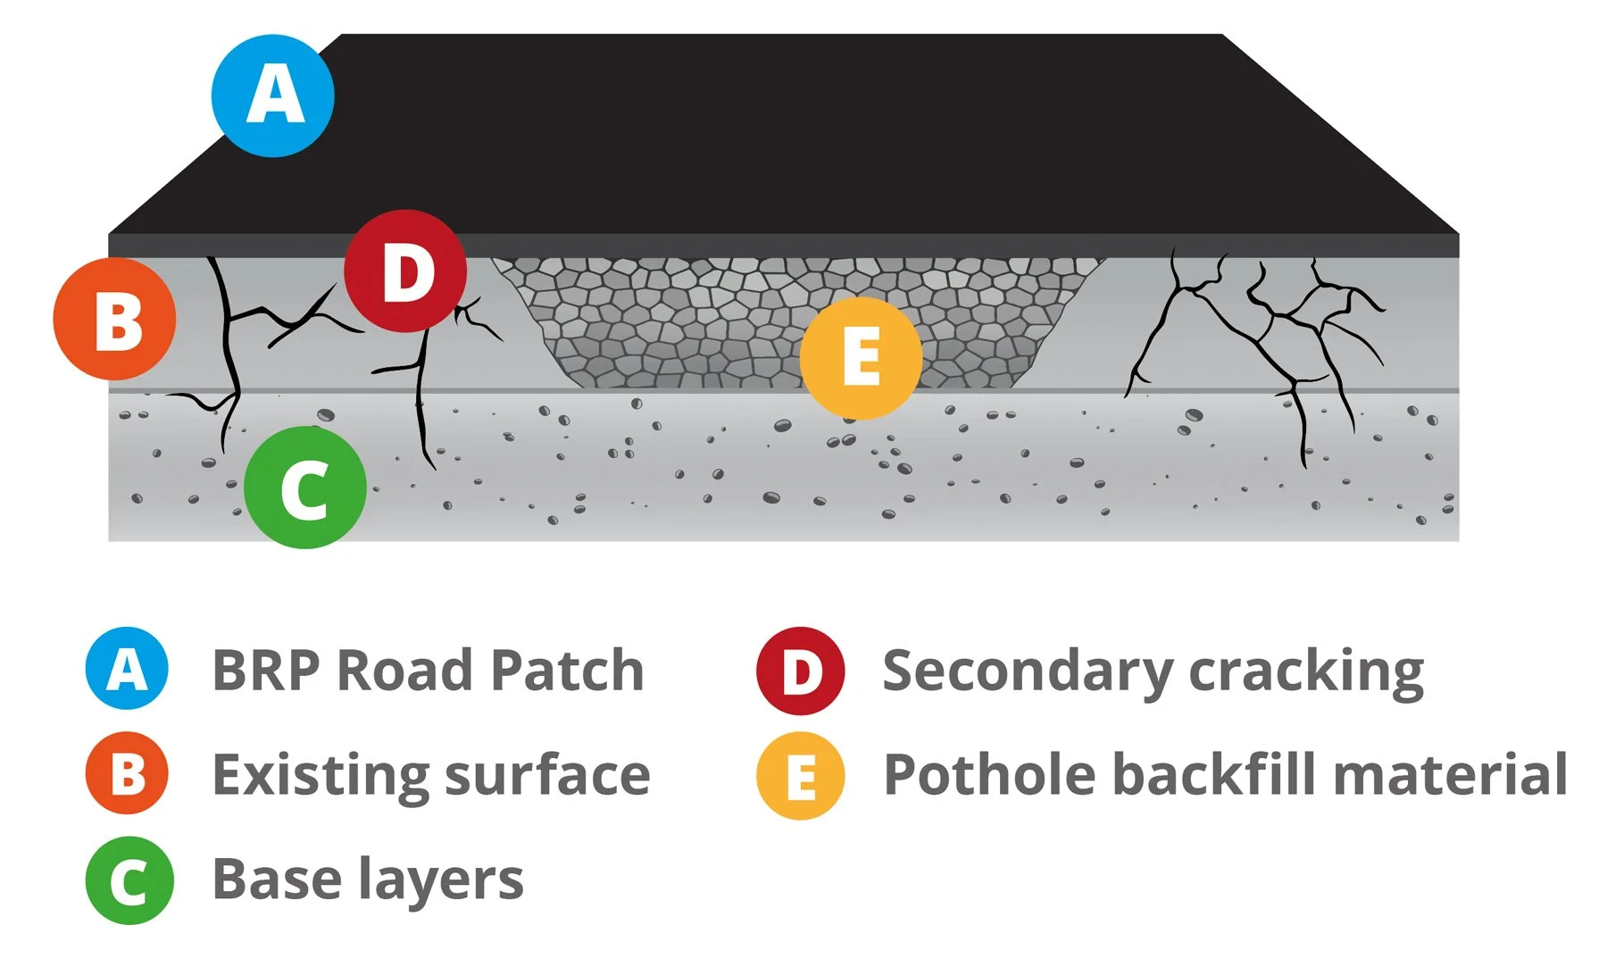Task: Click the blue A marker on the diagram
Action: pos(273,96)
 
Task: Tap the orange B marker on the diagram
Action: pos(114,319)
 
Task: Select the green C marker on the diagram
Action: pos(305,488)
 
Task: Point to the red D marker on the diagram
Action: pos(405,271)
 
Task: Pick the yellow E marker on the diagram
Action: pos(861,358)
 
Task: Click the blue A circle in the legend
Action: pos(127,669)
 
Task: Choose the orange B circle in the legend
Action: pos(127,773)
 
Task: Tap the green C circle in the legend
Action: pos(129,880)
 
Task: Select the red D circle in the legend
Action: pos(800,671)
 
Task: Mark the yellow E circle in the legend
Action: pos(800,776)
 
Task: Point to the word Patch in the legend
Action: pos(567,670)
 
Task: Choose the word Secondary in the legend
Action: pos(1027,671)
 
